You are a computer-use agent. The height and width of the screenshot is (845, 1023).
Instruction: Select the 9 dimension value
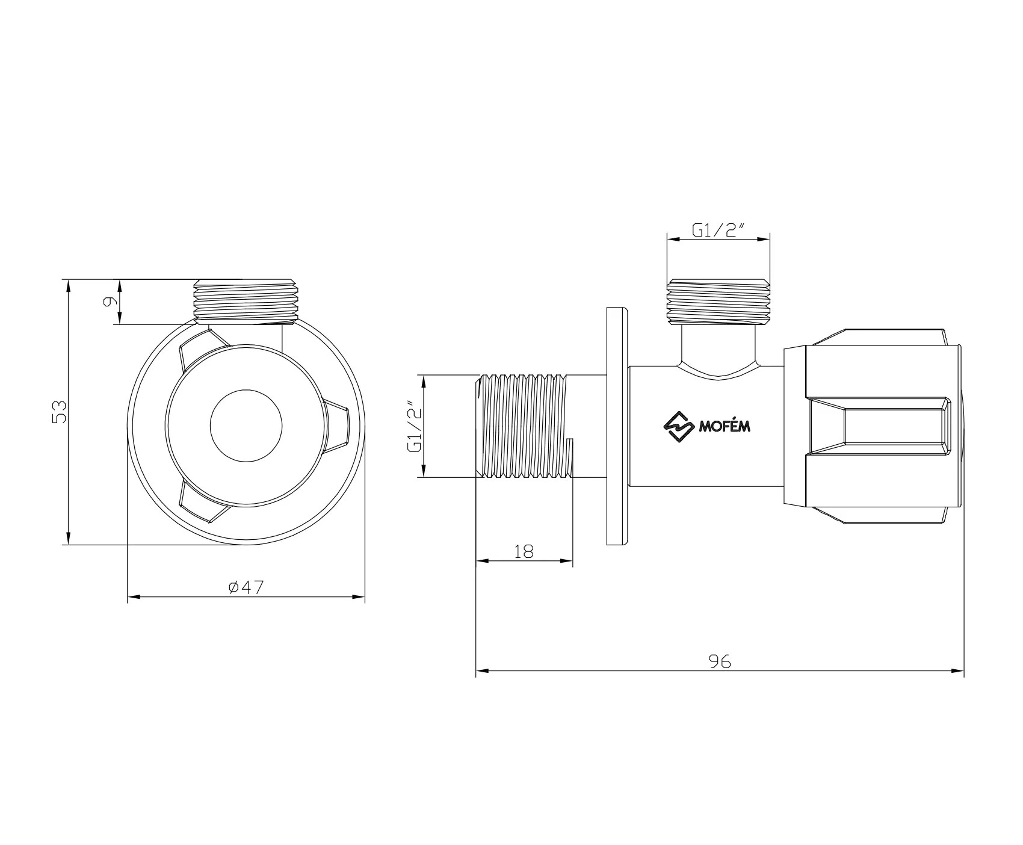coord(109,302)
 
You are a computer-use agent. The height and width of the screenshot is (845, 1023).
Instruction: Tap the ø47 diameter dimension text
coord(246,587)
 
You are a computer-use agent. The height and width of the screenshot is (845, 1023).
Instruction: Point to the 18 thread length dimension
coord(524,551)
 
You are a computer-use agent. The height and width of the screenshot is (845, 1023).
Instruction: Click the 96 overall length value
coord(719,661)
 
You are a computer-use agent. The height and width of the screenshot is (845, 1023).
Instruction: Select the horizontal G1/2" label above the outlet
coord(719,230)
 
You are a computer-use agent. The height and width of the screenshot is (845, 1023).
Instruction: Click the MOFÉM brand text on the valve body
coord(725,427)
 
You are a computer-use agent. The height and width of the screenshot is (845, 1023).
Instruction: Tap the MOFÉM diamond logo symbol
coord(679,426)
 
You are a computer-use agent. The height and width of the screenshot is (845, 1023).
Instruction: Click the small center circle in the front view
coord(246,426)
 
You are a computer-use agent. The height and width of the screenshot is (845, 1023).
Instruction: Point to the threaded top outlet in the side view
coord(719,301)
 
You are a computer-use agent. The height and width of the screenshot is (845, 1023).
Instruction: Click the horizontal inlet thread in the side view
coord(524,426)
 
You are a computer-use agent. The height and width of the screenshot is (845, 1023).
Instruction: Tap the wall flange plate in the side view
coord(617,426)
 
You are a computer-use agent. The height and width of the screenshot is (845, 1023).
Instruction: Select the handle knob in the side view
coord(873,426)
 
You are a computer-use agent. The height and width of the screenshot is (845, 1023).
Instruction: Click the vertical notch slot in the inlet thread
coord(570,457)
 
